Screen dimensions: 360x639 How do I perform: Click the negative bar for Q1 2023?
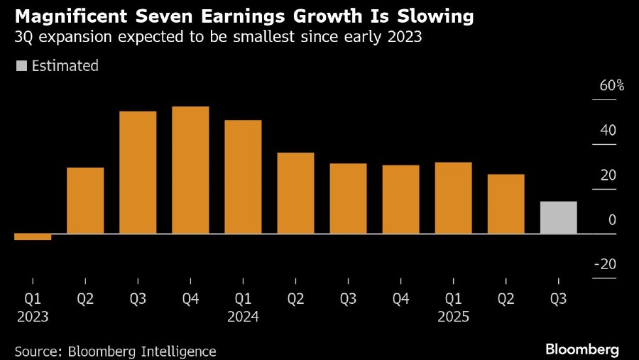pyautogui.click(x=33, y=236)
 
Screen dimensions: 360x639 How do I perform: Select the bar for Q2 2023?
pyautogui.click(x=85, y=200)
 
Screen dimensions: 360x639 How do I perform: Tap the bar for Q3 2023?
pyautogui.click(x=138, y=173)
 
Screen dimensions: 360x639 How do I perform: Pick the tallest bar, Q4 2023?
pyautogui.click(x=190, y=170)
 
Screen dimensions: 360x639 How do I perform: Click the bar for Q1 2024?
pyautogui.click(x=243, y=177)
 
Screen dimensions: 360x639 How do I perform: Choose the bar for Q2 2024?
pyautogui.click(x=295, y=193)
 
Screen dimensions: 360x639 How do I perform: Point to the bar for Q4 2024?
pyautogui.click(x=400, y=200)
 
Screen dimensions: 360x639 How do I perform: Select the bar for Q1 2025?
pyautogui.click(x=453, y=198)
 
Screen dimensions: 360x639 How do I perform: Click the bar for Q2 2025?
pyautogui.click(x=506, y=204)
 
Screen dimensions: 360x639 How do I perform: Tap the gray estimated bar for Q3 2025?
pyautogui.click(x=558, y=217)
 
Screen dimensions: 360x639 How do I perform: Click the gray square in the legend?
pyautogui.click(x=21, y=66)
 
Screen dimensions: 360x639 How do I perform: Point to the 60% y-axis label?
pyautogui.click(x=611, y=86)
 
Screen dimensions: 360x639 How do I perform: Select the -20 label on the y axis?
pyautogui.click(x=605, y=264)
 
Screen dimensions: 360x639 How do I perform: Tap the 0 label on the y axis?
pyautogui.click(x=612, y=220)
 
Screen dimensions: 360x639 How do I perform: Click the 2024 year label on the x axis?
pyautogui.click(x=243, y=317)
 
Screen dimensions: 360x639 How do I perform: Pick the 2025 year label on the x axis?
pyautogui.click(x=453, y=317)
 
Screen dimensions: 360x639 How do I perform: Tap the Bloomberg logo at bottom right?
pyautogui.click(x=581, y=349)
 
